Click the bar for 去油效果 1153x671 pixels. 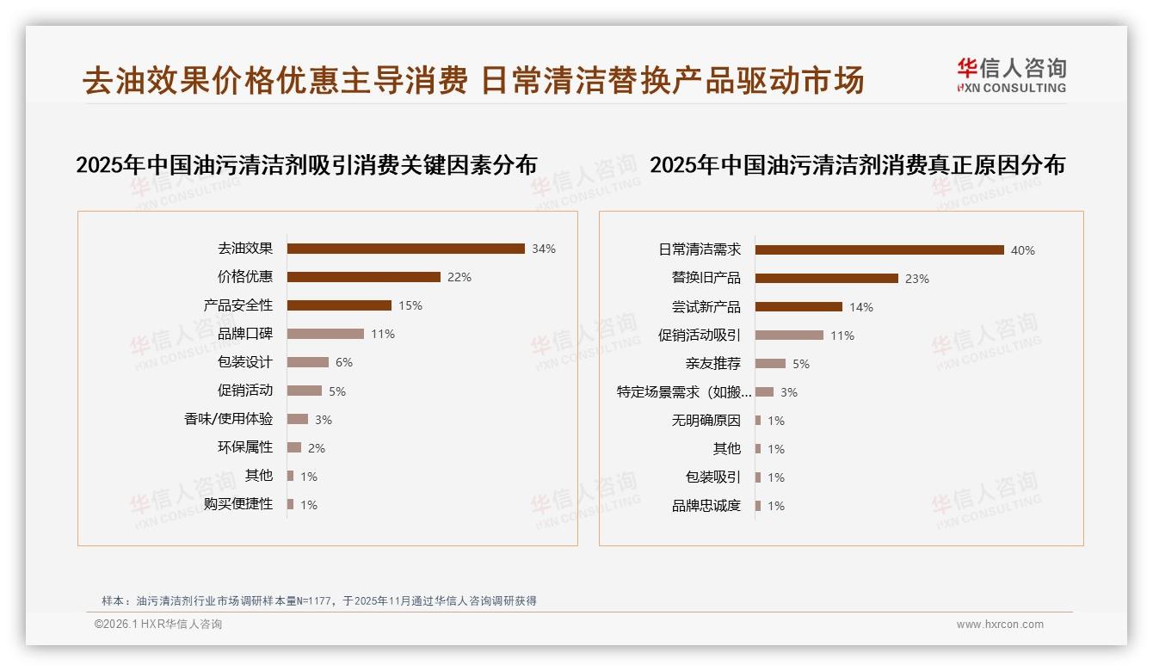pos(405,249)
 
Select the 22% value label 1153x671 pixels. pos(459,277)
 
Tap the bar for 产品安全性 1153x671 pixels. pos(339,305)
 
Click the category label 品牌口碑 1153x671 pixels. pos(245,334)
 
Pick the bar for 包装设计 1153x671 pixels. pos(308,362)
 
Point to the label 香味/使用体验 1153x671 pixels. pos(228,419)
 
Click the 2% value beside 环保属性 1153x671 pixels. pos(316,448)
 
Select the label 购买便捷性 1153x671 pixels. pos(238,504)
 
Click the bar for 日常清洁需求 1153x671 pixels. pos(879,250)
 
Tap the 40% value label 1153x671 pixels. pos(1022,250)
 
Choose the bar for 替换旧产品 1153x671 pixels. pos(826,279)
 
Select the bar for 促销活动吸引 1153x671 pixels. pos(789,335)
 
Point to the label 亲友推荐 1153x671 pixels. pos(712,364)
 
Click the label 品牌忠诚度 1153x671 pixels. pos(706,506)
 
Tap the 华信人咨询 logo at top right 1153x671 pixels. pos(1011,76)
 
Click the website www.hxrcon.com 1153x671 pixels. pos(1000,625)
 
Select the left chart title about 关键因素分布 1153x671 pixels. pos(306,165)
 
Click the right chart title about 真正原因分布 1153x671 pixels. pos(857,165)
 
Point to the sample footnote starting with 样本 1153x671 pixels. pos(319,600)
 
